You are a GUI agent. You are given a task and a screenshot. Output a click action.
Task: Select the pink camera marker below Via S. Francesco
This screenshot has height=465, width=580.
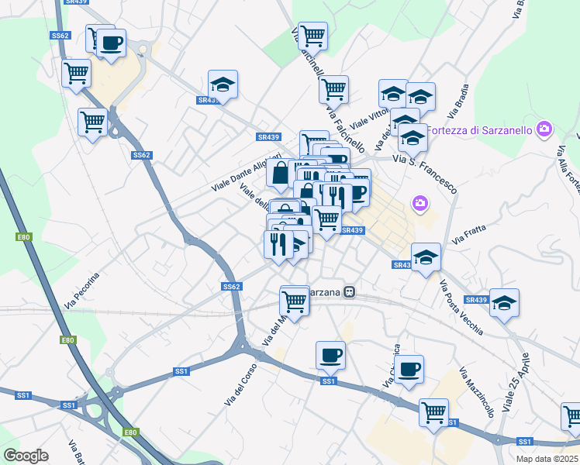(420, 204)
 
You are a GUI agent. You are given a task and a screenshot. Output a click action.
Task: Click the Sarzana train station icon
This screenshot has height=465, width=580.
(350, 292)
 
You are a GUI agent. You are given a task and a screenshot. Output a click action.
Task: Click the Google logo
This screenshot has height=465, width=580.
(26, 456)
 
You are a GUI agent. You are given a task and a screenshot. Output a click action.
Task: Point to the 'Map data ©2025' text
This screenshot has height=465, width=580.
(547, 459)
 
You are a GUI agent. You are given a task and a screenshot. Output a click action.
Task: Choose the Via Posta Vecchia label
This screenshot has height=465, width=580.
(461, 308)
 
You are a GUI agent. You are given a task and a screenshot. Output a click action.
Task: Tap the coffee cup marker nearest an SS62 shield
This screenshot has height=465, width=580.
(111, 43)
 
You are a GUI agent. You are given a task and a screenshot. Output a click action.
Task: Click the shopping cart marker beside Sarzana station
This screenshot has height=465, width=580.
(295, 301)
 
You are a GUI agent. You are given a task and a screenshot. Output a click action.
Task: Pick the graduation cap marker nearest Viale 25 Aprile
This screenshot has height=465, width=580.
(504, 305)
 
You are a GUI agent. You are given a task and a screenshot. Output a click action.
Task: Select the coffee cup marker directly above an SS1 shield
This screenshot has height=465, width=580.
(330, 355)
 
